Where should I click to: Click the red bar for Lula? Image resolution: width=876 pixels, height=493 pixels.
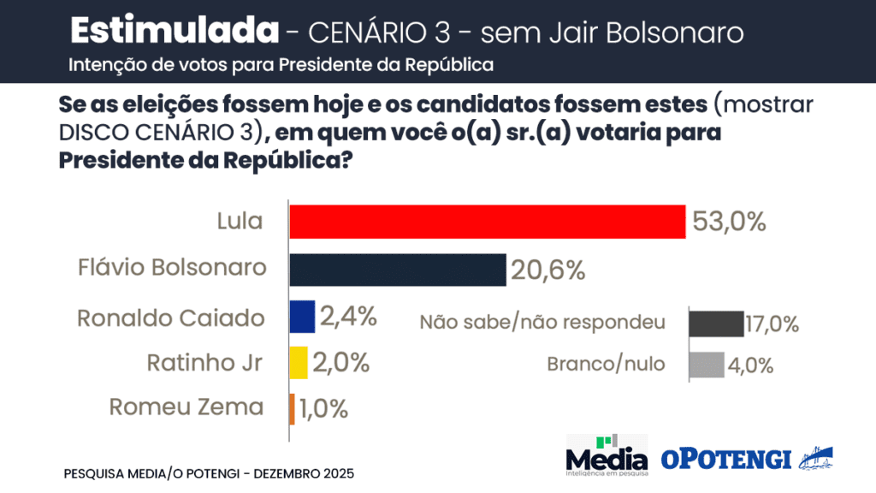[488, 222]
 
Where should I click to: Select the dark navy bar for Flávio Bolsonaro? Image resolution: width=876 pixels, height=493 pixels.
[398, 270]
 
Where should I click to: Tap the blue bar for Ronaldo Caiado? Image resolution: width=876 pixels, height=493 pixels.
[302, 317]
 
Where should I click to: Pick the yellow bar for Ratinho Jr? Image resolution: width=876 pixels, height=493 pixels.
[299, 362]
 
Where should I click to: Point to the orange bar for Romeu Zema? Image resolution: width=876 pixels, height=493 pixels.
[292, 407]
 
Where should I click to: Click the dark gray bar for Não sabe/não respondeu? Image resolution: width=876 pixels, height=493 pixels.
[716, 324]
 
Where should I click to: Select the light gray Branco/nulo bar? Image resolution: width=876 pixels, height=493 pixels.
[707, 365]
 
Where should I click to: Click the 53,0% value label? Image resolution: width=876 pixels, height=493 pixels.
[729, 223]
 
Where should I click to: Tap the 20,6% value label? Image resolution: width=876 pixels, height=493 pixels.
[548, 270]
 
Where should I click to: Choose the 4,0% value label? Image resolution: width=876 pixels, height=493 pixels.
[752, 365]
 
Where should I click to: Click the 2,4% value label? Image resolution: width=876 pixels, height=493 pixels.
[348, 317]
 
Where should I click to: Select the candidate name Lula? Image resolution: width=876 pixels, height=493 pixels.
[240, 222]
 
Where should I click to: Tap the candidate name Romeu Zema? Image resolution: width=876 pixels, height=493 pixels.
[186, 407]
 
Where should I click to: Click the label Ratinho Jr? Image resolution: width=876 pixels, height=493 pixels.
[204, 363]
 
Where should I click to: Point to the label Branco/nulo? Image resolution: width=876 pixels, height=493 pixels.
[606, 364]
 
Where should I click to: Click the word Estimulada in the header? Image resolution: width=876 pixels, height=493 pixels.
[175, 31]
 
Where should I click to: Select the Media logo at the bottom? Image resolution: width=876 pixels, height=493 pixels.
[607, 454]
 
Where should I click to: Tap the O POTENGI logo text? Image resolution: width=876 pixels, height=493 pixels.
[726, 459]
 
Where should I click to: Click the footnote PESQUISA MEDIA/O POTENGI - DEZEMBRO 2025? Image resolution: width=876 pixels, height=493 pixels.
[209, 473]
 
